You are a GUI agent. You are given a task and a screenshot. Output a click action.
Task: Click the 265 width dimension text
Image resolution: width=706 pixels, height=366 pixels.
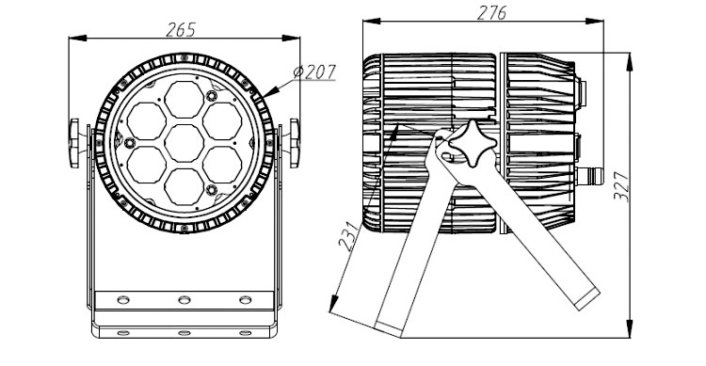coord(181,30)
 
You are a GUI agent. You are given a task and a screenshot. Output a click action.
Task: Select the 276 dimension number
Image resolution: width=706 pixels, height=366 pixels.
coord(491,12)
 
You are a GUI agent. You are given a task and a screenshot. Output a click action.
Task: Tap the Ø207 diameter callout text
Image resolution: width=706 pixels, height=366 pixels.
coord(314,72)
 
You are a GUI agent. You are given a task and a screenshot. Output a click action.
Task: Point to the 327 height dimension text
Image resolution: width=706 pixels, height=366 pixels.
coord(621,186)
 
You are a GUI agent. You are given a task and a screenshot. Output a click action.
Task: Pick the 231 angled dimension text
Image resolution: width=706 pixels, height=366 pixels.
coord(350,236)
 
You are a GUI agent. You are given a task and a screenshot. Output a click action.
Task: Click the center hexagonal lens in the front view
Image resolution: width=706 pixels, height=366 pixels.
coord(185,143)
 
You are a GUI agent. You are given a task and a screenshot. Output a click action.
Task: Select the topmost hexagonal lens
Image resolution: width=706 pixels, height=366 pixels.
coord(185,100)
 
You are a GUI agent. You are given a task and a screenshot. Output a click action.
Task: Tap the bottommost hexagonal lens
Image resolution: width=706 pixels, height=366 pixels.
coord(185,187)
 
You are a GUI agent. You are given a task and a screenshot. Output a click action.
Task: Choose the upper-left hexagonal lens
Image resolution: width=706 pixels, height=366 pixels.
coord(146,121)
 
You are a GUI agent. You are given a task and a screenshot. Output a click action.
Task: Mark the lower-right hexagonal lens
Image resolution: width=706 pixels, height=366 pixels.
coord(222,165)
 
